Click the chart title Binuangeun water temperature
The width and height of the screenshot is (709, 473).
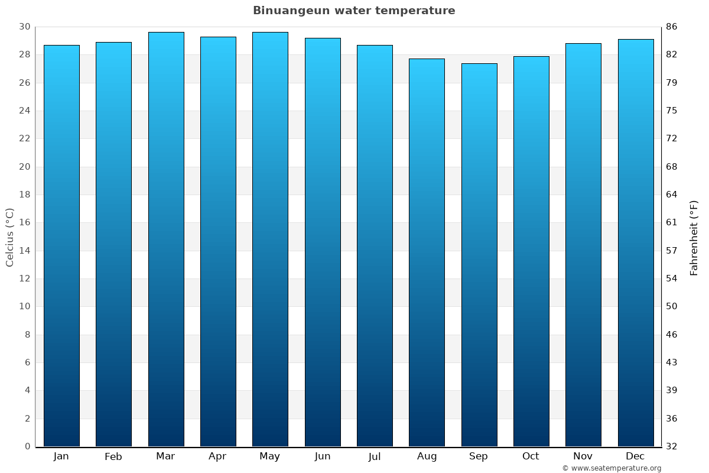pyautogui.click(x=354, y=11)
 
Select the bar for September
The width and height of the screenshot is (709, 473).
pyautogui.click(x=479, y=255)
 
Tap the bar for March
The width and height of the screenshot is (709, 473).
pyautogui.click(x=166, y=239)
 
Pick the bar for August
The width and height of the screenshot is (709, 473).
pyautogui.click(x=427, y=252)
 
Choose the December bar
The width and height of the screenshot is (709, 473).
pyautogui.click(x=636, y=243)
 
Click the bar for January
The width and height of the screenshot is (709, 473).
pyautogui.click(x=61, y=246)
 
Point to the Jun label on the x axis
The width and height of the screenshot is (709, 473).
pyautogui.click(x=323, y=456)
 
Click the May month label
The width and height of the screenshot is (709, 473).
pyautogui.click(x=270, y=456)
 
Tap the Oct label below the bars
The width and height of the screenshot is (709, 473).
pyautogui.click(x=531, y=456)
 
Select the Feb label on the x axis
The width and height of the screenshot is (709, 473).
pyautogui.click(x=113, y=456)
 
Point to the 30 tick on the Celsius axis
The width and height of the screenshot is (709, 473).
pyautogui.click(x=24, y=27)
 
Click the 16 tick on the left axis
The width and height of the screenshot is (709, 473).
pyautogui.click(x=24, y=223)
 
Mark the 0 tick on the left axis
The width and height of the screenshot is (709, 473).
pyautogui.click(x=27, y=446)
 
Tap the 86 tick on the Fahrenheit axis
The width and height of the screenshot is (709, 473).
pyautogui.click(x=672, y=27)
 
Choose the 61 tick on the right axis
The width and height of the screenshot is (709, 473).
pyautogui.click(x=672, y=223)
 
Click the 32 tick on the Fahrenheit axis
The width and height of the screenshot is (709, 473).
pyautogui.click(x=672, y=446)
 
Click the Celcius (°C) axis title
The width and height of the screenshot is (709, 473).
pyautogui.click(x=9, y=237)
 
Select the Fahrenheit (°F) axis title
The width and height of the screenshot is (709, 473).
pyautogui.click(x=694, y=237)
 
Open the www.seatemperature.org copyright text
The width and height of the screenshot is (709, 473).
pyautogui.click(x=612, y=468)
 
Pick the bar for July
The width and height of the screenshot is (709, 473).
pyautogui.click(x=375, y=246)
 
